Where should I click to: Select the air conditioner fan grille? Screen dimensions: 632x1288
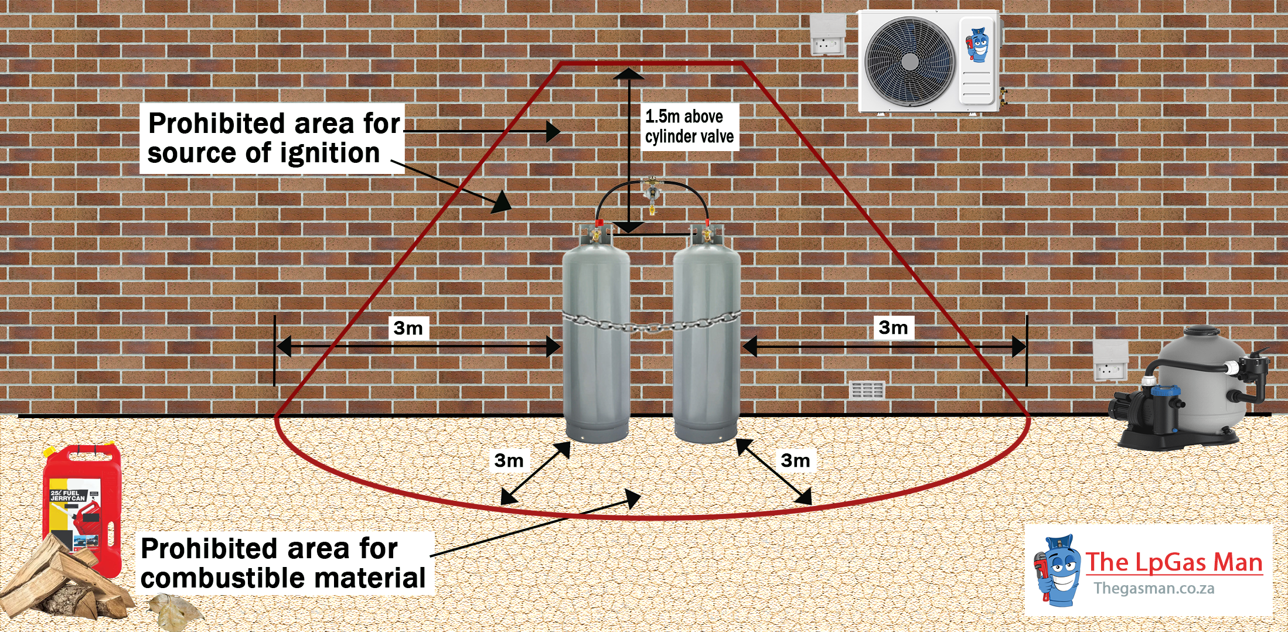pyautogui.click(x=909, y=62)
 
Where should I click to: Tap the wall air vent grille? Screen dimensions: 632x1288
pyautogui.click(x=867, y=390)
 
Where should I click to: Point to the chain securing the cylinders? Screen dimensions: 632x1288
pyautogui.click(x=650, y=324)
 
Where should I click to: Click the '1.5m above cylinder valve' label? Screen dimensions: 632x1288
pyautogui.click(x=689, y=127)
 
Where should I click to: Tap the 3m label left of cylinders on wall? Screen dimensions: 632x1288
pyautogui.click(x=408, y=328)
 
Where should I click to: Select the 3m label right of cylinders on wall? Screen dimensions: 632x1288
pyautogui.click(x=893, y=327)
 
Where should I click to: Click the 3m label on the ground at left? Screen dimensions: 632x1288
pyautogui.click(x=509, y=461)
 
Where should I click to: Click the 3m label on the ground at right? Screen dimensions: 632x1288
pyautogui.click(x=795, y=461)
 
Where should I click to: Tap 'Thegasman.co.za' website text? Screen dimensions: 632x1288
pyautogui.click(x=1153, y=588)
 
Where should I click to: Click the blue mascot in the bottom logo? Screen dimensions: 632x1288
pyautogui.click(x=1058, y=571)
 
